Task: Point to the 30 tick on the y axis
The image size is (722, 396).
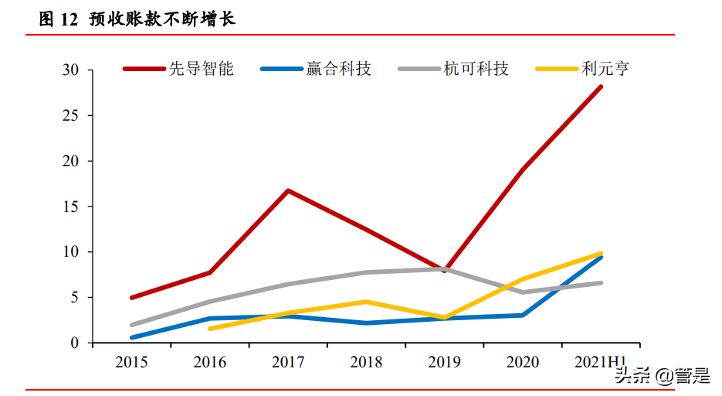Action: [x=71, y=70]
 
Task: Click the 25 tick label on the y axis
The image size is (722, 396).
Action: [x=71, y=116]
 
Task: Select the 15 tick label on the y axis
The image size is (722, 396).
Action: [x=71, y=207]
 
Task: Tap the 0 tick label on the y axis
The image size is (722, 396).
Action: [x=75, y=343]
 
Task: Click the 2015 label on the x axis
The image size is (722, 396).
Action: [x=131, y=362]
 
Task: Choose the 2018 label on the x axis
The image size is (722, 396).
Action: [x=366, y=362]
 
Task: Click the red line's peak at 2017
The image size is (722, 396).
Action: [x=288, y=190]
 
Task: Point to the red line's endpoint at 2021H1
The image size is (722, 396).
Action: [x=601, y=87]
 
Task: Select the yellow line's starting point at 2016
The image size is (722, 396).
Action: [x=210, y=329]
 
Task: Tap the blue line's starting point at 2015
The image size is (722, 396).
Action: [x=132, y=337]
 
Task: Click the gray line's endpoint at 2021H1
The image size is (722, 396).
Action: [x=601, y=283]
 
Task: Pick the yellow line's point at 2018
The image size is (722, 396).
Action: [x=366, y=302]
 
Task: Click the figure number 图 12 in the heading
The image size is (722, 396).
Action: [x=59, y=19]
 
